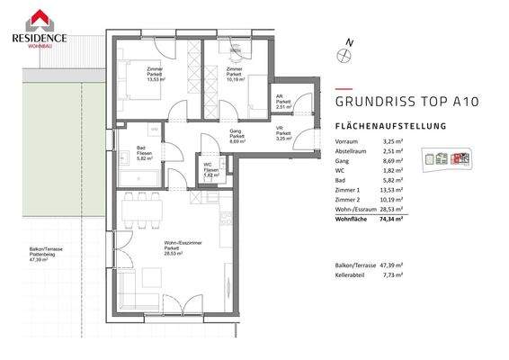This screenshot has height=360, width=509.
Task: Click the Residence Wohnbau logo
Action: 38,23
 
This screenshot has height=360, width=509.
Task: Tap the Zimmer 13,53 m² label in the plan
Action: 163,75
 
